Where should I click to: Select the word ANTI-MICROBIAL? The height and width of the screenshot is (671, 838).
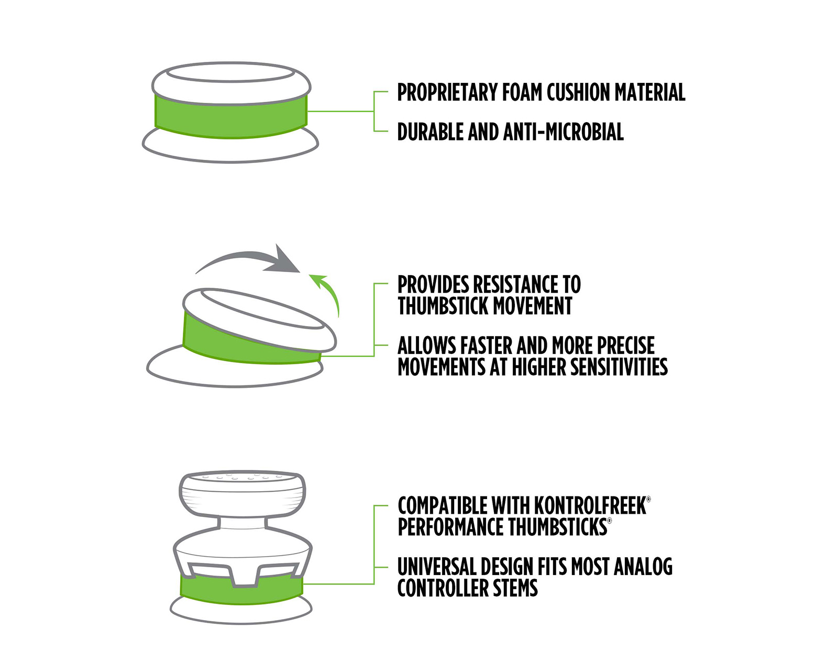pos(563,132)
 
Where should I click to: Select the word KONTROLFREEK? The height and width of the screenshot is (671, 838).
pos(590,506)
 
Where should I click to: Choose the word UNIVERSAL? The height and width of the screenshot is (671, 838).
pos(436,567)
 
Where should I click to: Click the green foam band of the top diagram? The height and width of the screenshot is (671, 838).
pos(231,116)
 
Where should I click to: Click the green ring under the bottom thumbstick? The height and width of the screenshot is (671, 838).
pos(241,591)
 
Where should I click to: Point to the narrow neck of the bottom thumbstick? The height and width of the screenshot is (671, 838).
pos(242,523)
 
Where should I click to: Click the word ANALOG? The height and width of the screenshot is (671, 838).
pos(643,567)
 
